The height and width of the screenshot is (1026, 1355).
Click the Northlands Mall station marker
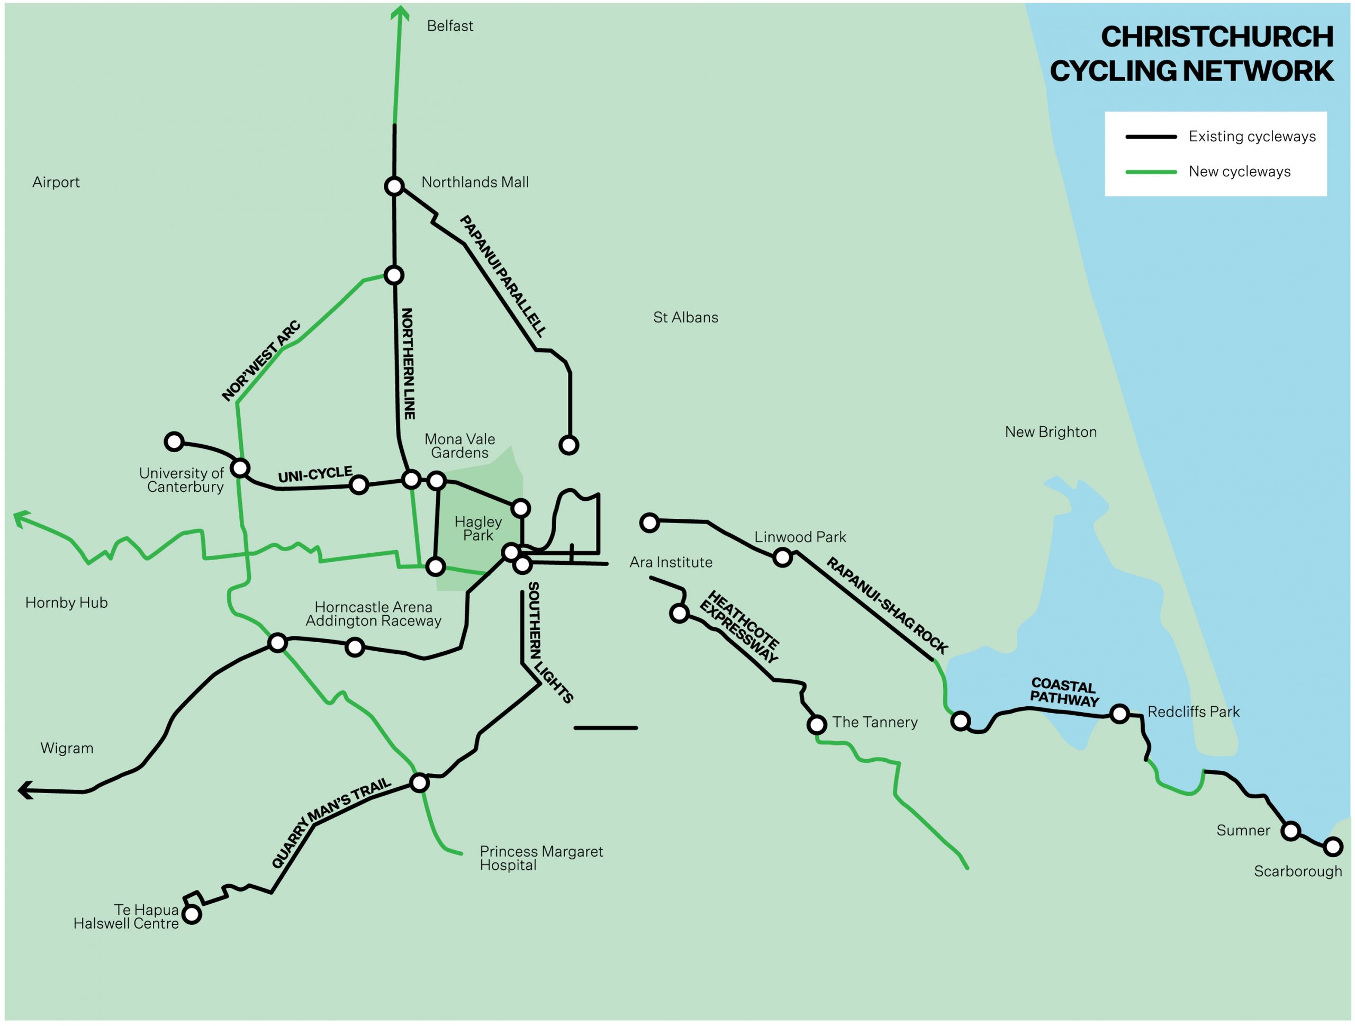tap(394, 186)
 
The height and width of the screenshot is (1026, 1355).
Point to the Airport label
tap(56, 182)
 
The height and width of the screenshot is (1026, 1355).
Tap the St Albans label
tap(685, 317)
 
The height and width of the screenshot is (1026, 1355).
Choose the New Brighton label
tap(1051, 432)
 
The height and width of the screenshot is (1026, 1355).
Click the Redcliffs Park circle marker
tap(1119, 714)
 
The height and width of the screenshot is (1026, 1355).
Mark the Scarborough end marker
tap(1333, 847)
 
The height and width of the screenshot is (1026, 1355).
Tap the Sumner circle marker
tap(1290, 831)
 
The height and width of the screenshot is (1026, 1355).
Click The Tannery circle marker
tap(817, 725)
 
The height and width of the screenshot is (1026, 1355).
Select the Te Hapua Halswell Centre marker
tap(192, 914)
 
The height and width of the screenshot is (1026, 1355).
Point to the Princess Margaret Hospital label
tap(541, 858)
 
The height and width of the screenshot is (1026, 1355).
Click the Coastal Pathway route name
tap(1064, 692)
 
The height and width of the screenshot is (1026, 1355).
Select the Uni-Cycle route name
tap(315, 475)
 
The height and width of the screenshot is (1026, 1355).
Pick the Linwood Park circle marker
tap(782, 557)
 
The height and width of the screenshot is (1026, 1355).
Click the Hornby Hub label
tap(66, 603)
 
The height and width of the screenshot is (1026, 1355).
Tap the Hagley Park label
tap(478, 529)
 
